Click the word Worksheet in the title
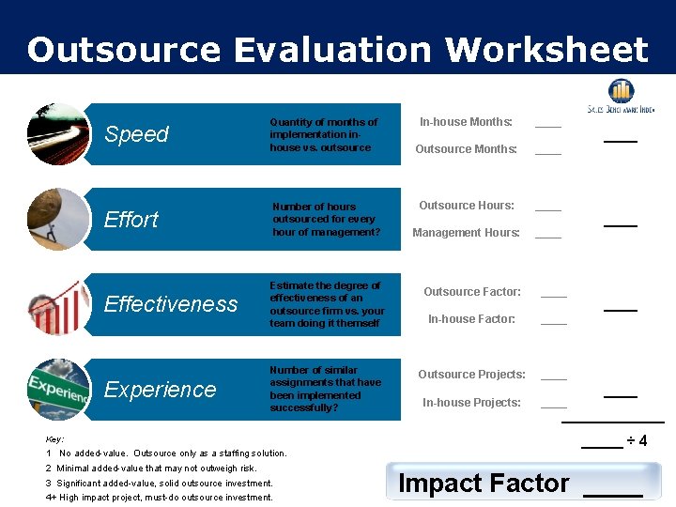click(546, 49)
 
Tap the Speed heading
click(136, 134)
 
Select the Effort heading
click(131, 220)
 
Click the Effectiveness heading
click(171, 304)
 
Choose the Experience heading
click(160, 389)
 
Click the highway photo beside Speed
click(57, 134)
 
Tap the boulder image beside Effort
click(57, 219)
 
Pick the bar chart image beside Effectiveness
click(57, 303)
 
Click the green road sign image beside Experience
click(57, 388)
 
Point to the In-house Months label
click(466, 122)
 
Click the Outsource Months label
click(466, 149)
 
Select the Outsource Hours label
click(466, 206)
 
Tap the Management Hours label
click(466, 233)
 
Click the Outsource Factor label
click(471, 292)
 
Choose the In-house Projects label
click(471, 403)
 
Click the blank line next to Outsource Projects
click(554, 376)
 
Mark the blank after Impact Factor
click(612, 491)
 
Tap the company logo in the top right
click(621, 97)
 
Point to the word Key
click(54, 439)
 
